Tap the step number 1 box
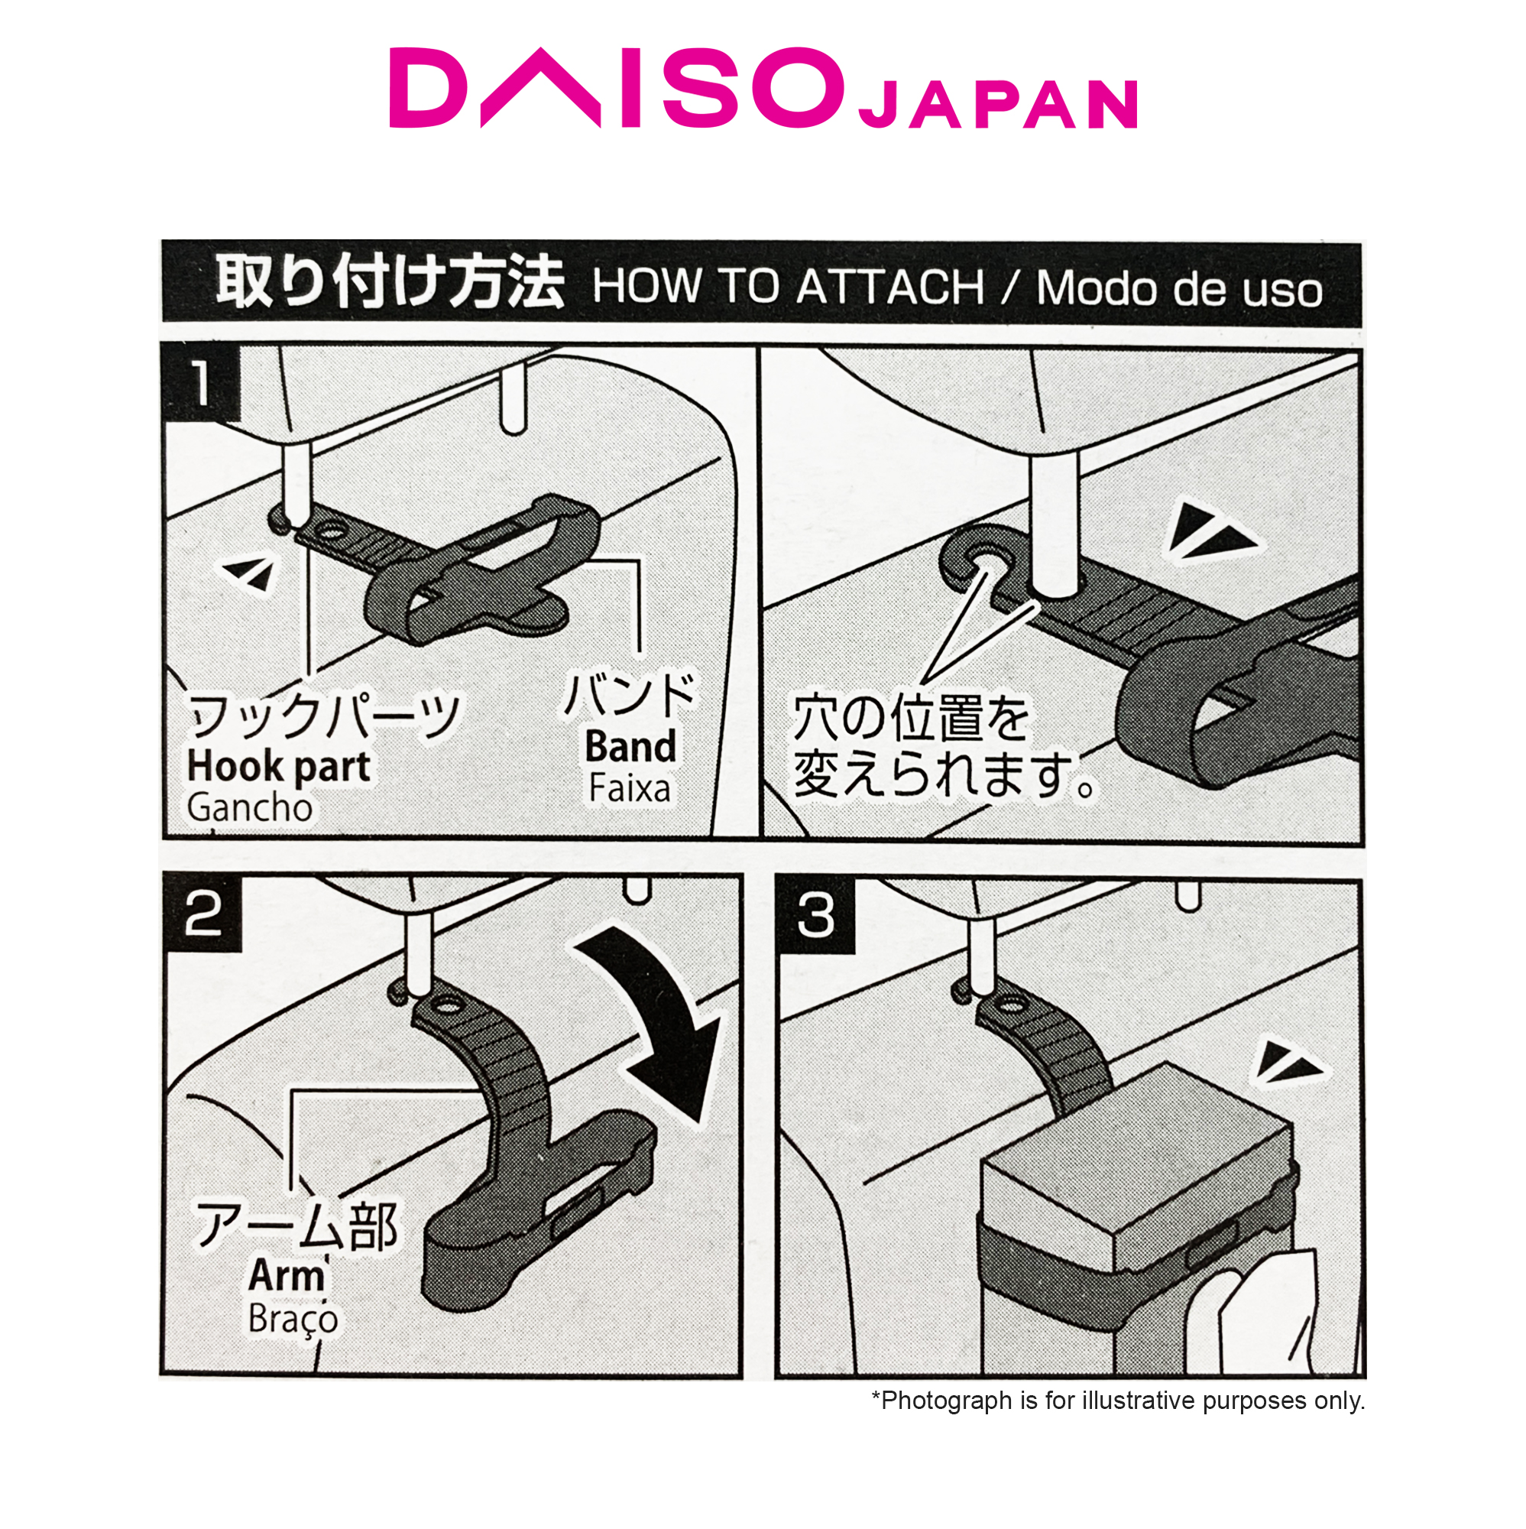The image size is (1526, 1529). (x=201, y=383)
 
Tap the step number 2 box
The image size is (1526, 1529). (x=202, y=915)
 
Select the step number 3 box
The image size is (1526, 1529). (x=815, y=917)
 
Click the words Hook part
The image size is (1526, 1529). (x=278, y=767)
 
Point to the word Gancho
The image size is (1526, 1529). (x=250, y=808)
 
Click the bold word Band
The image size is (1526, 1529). (x=630, y=746)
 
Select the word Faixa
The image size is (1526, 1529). (x=630, y=789)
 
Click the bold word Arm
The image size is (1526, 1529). (x=287, y=1276)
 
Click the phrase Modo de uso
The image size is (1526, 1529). (x=1179, y=289)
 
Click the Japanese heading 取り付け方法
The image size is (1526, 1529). (x=389, y=284)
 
